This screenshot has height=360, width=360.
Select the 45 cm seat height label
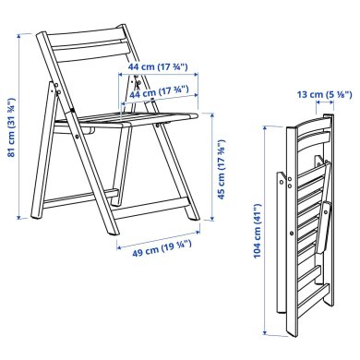(x=222, y=170)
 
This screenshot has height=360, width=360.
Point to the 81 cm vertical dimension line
(x=21, y=129)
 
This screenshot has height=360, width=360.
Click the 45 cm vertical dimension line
(x=212, y=170)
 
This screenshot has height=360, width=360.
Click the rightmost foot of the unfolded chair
(x=192, y=221)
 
